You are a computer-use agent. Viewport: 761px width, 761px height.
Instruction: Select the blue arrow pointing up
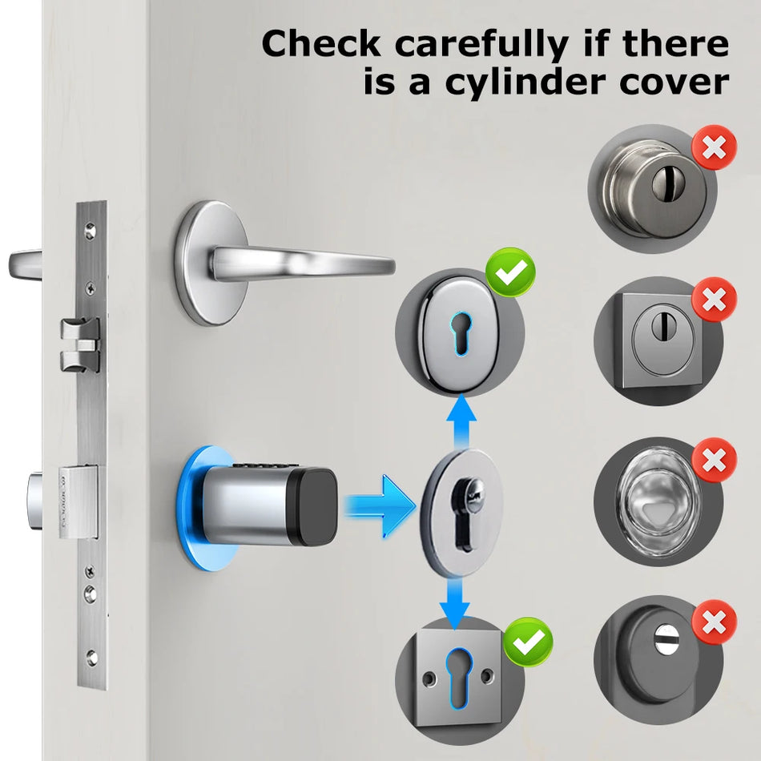point(461,420)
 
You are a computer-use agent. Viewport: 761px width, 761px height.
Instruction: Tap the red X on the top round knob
point(713,147)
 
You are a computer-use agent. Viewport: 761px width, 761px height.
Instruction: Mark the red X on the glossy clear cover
point(713,461)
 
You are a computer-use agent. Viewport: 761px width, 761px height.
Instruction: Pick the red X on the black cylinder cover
point(713,622)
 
